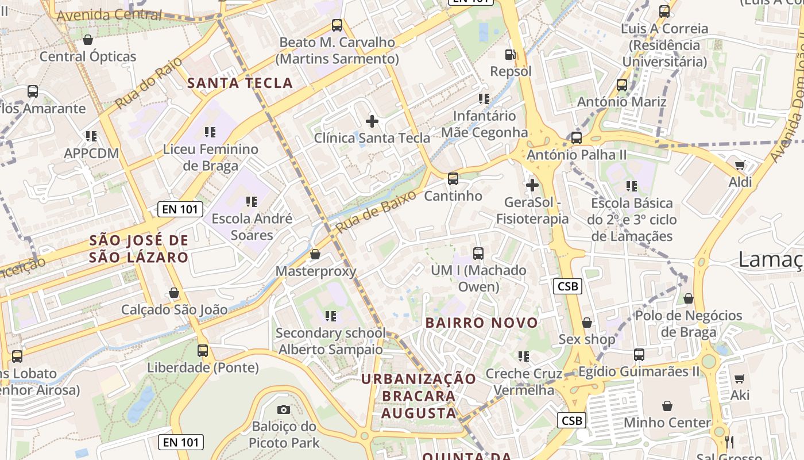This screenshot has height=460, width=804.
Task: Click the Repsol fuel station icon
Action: point(509,55)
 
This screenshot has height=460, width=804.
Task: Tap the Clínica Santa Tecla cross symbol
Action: point(372,121)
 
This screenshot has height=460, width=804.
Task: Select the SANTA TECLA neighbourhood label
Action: point(240,83)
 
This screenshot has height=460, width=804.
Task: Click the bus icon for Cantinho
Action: point(453,179)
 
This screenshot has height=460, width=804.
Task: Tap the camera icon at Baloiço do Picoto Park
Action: point(283,409)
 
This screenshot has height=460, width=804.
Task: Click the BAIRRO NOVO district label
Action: point(481,323)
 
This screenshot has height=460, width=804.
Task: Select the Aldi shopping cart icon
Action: point(740,166)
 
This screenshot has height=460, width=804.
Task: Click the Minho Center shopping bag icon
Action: point(667,406)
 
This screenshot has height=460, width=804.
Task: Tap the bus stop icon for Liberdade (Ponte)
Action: point(203,350)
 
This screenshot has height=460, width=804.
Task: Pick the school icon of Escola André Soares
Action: point(252,202)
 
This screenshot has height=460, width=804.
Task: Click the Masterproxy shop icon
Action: point(315,254)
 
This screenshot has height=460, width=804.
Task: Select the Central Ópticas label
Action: point(88,56)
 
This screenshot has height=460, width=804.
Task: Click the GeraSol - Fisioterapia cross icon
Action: point(532,185)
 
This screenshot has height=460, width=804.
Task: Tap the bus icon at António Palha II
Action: point(577,138)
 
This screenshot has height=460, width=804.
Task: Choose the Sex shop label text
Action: point(586,339)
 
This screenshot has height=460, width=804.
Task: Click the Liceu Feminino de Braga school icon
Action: point(210,132)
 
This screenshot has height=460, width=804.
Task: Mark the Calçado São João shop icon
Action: point(174,293)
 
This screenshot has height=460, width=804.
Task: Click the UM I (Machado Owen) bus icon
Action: point(478,253)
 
